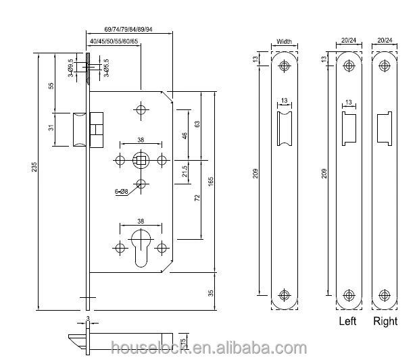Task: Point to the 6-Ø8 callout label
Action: point(121,192)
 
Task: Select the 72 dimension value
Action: point(197,201)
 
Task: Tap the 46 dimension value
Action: point(185,136)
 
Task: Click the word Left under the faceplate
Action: point(347,322)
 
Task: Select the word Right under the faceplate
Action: point(386,322)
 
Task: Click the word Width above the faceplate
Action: point(284,42)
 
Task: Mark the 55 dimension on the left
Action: point(52,86)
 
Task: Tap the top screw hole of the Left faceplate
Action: point(349,66)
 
